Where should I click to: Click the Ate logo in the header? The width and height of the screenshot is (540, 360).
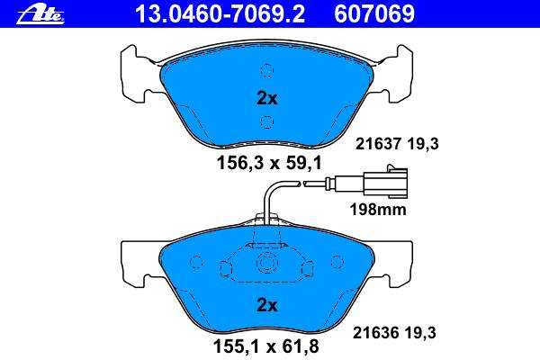(40, 14)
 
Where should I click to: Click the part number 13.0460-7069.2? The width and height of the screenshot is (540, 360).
(220, 14)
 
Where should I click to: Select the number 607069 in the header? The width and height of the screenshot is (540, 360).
(374, 14)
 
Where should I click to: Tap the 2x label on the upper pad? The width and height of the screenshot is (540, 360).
(267, 98)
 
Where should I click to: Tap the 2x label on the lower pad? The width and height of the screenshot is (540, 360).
(267, 305)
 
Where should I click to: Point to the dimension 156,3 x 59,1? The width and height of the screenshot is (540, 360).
(269, 163)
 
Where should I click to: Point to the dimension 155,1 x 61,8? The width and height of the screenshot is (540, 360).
(266, 346)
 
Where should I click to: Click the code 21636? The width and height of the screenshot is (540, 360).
(375, 333)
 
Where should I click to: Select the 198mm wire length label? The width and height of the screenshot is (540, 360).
(378, 209)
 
